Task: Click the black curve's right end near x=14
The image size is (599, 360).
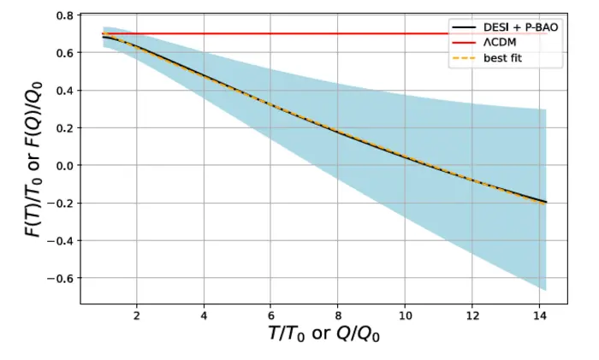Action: [546, 202]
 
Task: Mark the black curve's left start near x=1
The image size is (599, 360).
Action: [104, 37]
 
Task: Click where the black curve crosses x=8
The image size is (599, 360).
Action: [339, 131]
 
